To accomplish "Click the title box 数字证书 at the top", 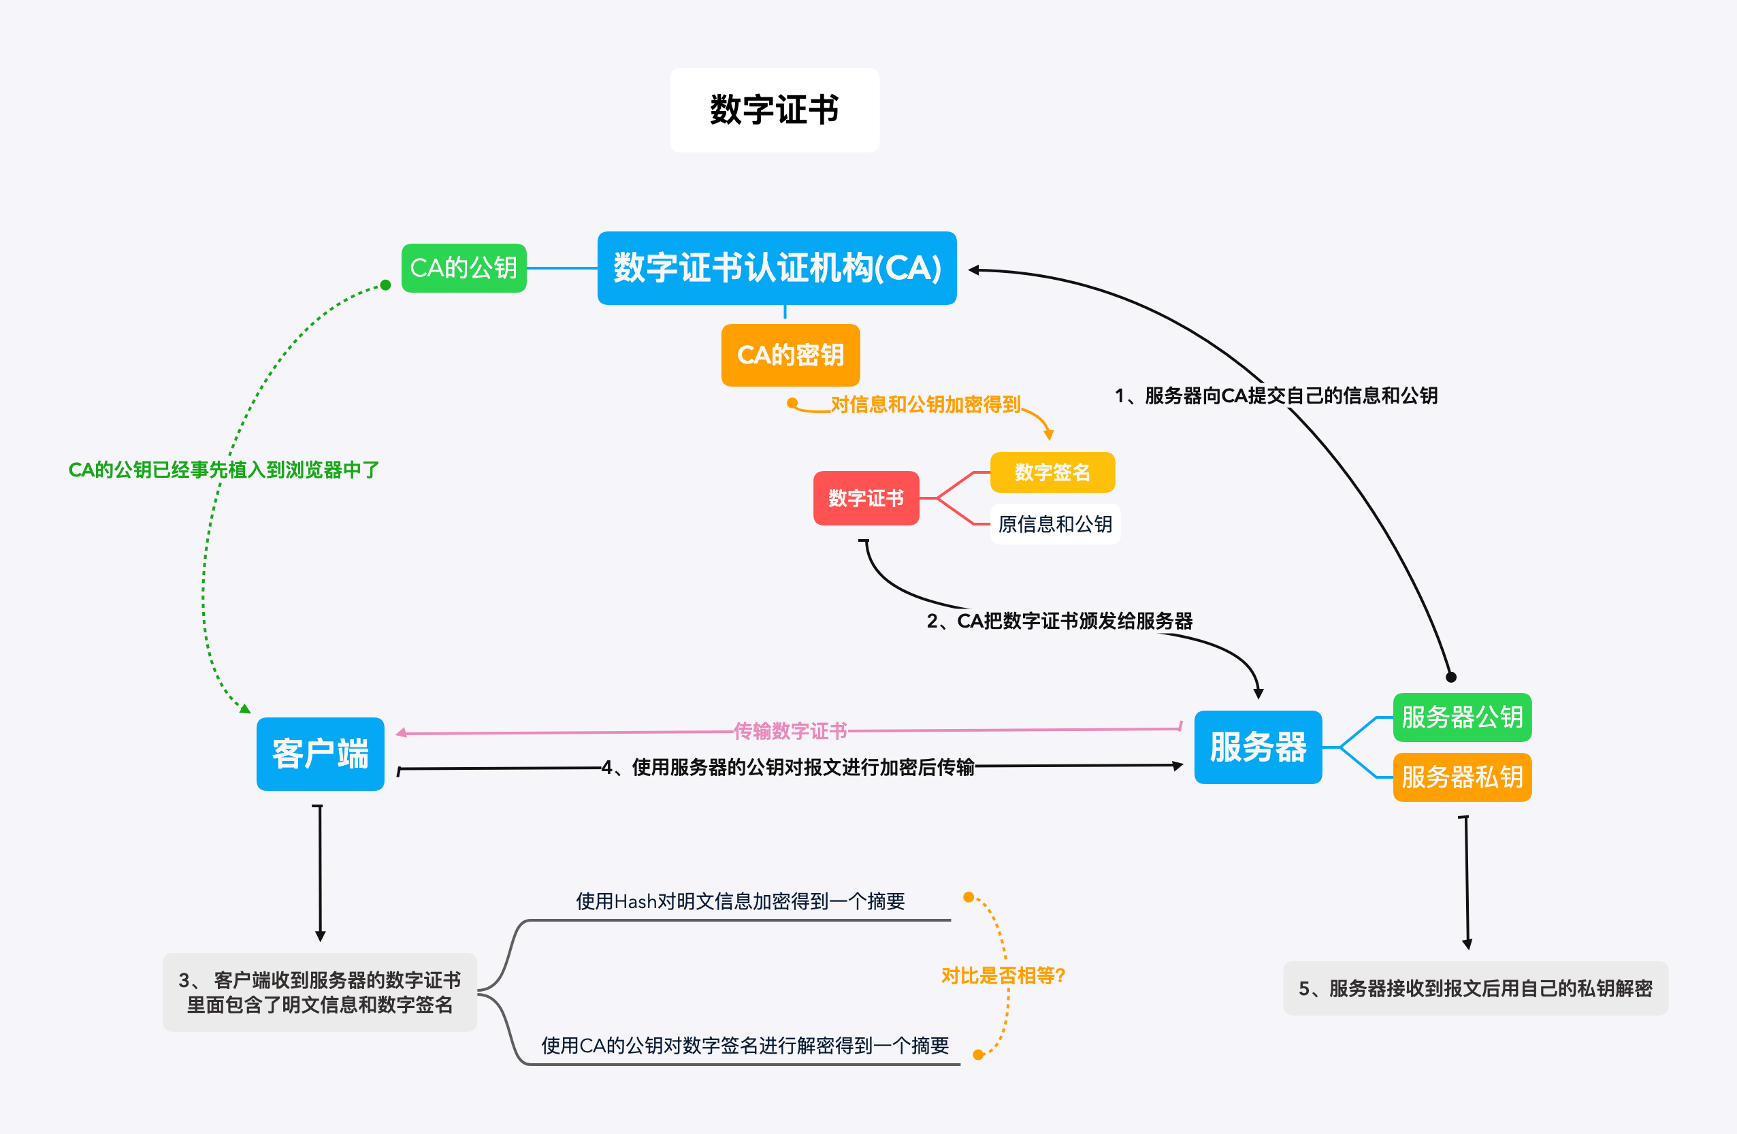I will (775, 110).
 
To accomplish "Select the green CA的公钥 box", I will (464, 268).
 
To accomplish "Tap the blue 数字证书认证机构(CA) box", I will (777, 268).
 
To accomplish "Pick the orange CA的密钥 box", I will (790, 355).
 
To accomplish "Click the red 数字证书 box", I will (866, 498).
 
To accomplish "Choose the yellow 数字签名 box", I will (1052, 472).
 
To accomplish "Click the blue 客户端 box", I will (321, 754).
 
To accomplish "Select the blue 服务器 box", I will (1258, 747).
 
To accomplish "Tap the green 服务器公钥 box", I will (1462, 717).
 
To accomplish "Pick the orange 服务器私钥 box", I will (1462, 777).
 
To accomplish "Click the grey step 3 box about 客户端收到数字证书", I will (320, 992).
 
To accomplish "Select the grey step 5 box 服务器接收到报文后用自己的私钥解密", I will (1475, 988).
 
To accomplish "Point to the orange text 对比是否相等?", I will (1003, 975).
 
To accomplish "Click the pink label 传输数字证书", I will (790, 730).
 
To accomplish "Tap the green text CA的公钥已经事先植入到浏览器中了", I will (223, 470).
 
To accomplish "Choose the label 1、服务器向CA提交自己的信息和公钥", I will (1276, 395).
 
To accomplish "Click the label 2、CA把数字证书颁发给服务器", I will (1060, 621).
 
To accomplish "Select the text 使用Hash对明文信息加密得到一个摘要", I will (740, 901).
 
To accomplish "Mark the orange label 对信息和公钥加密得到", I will (925, 404).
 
